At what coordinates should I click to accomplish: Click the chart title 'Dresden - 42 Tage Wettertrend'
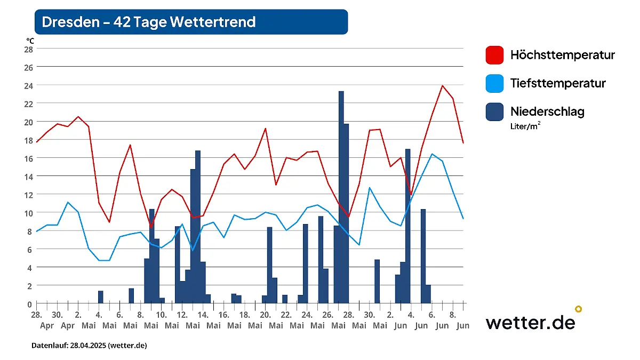click(149, 22)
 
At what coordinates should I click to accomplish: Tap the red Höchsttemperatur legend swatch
click(494, 55)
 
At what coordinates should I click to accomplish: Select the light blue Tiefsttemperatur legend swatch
click(494, 83)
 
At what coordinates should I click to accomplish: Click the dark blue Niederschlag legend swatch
click(494, 111)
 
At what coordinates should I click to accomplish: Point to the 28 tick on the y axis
click(28, 49)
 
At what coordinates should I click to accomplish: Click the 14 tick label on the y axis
click(28, 177)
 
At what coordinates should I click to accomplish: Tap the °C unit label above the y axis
click(30, 40)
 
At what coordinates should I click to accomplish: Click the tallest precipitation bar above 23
click(341, 197)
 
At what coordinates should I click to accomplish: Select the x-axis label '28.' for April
click(36, 315)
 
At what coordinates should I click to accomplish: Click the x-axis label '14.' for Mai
click(203, 315)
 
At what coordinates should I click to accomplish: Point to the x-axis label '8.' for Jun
click(452, 315)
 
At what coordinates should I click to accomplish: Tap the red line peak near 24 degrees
click(442, 85)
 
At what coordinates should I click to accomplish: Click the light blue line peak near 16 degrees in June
click(432, 154)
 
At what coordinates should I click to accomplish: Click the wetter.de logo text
click(530, 322)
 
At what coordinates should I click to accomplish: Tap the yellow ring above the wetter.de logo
click(578, 309)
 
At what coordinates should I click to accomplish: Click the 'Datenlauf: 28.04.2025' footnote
click(89, 346)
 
